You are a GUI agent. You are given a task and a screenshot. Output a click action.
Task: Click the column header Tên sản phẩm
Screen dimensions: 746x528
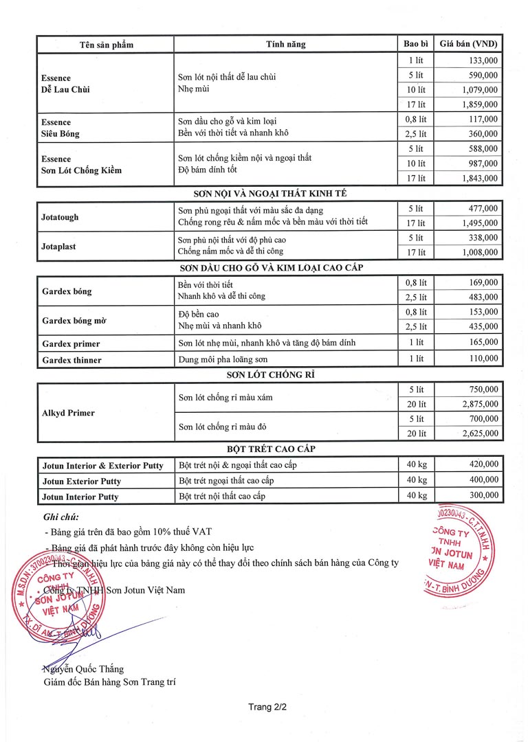[106, 45]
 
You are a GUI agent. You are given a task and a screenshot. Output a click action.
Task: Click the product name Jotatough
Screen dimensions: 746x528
[60, 217]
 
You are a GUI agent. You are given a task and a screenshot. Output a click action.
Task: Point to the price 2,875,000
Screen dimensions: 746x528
[480, 404]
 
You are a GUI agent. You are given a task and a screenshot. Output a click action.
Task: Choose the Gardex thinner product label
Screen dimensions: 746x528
[71, 360]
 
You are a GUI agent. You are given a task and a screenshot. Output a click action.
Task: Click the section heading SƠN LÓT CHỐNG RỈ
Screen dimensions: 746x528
[271, 375]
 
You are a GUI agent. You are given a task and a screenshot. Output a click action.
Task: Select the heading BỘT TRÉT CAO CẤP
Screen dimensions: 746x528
[271, 449]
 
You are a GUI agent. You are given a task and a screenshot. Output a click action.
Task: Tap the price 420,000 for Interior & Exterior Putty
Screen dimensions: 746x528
[483, 464]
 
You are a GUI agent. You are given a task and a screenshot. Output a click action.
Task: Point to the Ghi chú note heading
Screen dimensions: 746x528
[60, 517]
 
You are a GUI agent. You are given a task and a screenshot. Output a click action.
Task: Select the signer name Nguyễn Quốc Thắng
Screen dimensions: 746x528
[83, 669]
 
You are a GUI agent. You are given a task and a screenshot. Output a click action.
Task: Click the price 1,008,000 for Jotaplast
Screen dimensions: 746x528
[480, 253]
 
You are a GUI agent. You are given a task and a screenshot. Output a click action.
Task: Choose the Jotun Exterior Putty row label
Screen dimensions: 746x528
[80, 481]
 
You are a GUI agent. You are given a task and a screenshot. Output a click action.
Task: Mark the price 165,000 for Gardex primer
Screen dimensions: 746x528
[483, 342]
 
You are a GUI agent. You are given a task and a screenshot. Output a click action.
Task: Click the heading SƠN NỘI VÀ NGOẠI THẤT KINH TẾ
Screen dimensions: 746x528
[271, 193]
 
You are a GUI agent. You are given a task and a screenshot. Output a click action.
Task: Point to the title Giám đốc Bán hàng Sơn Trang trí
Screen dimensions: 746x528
[109, 682]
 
